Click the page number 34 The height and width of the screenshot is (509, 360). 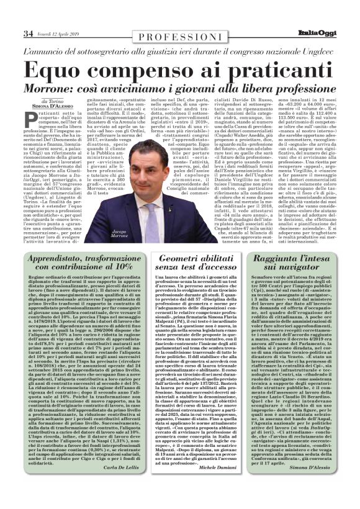click(x=29, y=33)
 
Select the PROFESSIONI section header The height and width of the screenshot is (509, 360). click(x=180, y=38)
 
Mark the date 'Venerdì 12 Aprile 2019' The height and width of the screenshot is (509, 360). click(x=59, y=33)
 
